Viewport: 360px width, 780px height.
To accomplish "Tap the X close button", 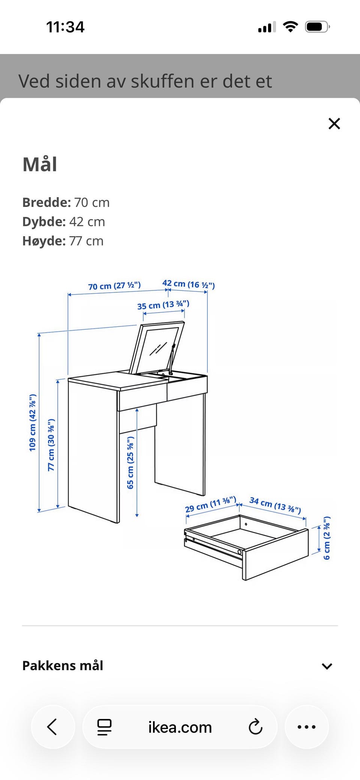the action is pos(334,124).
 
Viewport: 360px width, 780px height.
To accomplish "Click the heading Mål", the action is pos(40,164).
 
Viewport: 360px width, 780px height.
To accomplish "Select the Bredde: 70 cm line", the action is pos(66,202).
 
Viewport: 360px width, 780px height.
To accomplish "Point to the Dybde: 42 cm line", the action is pos(64,222).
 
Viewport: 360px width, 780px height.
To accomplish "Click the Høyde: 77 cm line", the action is pos(63,241).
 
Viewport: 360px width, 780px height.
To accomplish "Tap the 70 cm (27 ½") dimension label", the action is pos(114,286).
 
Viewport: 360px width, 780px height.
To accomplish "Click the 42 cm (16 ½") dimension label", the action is pos(189,284).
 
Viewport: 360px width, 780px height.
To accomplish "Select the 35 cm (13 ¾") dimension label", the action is pos(163,305).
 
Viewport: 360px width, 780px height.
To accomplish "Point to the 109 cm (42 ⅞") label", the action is pos(33,422).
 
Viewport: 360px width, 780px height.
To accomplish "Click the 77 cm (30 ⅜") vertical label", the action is pos(51,445).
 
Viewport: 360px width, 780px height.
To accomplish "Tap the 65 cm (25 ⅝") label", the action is pos(130,463).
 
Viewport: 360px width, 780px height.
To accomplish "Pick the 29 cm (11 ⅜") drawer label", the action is pos(211,504).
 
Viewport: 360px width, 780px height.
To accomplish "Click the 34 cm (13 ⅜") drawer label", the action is pos(275,505).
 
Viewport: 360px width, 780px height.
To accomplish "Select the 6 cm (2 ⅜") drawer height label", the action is pos(327,538).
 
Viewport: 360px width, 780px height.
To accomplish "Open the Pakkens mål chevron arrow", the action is pos(327,666).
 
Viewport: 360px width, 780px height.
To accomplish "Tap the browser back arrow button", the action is pos(52,727).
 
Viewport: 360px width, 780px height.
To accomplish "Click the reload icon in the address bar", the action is pos(255,727).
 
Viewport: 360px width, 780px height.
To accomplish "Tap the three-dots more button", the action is pos(307,727).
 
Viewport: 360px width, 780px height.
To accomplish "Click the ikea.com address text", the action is pos(180,728).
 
